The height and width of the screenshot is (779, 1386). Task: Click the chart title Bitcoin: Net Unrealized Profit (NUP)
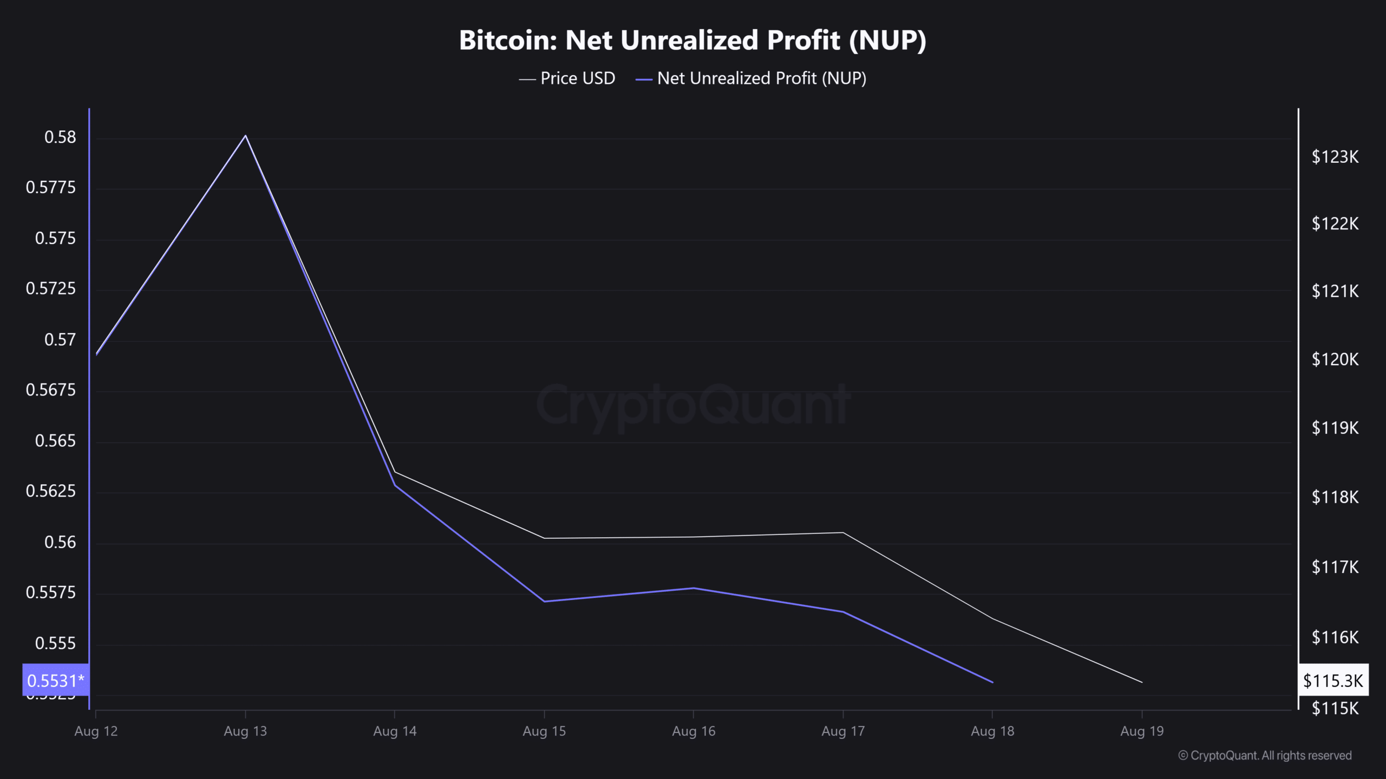point(692,40)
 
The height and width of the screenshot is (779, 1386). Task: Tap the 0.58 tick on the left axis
point(60,137)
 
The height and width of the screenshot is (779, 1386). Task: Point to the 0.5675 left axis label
point(51,390)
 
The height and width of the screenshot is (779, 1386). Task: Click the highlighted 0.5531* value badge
point(55,680)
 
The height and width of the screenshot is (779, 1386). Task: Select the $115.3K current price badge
point(1333,680)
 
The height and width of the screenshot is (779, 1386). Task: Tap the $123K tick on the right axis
point(1335,157)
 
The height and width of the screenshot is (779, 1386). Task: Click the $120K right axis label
point(1335,359)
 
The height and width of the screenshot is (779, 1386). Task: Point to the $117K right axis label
point(1335,567)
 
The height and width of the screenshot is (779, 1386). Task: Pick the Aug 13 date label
point(245,731)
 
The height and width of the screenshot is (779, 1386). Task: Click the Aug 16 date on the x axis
point(694,731)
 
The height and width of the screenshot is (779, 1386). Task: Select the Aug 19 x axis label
point(1142,731)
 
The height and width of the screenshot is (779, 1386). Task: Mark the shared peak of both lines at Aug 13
point(246,135)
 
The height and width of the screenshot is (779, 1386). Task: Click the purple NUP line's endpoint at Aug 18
point(992,682)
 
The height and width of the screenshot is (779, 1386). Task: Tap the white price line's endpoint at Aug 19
point(1142,682)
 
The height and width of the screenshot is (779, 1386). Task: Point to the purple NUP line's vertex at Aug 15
point(544,601)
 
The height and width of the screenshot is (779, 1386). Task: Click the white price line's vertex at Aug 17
point(843,533)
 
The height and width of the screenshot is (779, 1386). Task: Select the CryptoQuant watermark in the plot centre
point(693,405)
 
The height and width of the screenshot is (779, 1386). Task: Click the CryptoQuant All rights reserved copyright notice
point(1265,755)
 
